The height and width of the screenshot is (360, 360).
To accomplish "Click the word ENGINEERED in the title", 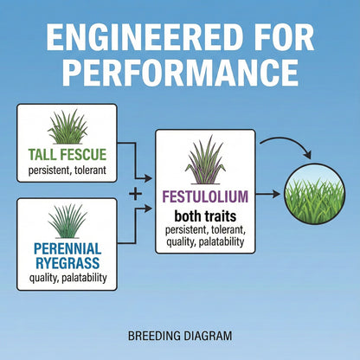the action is [145, 37].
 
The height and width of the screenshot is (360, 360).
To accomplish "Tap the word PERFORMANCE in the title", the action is [180, 72].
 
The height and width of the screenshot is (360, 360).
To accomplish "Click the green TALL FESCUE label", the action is [67, 154].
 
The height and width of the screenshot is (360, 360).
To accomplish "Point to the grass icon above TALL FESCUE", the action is [67, 127].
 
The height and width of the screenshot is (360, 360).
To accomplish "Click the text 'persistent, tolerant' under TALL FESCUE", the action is [67, 170].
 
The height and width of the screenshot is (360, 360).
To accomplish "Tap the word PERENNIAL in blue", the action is [67, 248].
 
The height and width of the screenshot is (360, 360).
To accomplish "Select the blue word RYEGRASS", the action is [67, 263].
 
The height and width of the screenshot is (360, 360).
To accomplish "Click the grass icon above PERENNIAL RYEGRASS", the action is [67, 222].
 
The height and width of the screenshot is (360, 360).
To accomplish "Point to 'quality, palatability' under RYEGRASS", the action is [67, 278].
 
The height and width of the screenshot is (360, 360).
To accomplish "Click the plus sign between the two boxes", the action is [135, 194].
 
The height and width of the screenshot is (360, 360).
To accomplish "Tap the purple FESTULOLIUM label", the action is [205, 196].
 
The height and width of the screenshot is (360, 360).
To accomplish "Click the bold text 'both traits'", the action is [205, 216].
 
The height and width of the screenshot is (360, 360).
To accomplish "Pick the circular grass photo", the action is [314, 194].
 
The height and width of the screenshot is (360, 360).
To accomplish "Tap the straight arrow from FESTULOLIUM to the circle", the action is [268, 194].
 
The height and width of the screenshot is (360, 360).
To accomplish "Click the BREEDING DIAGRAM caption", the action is [180, 336].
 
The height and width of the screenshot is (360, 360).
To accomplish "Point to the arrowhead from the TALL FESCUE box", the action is [148, 178].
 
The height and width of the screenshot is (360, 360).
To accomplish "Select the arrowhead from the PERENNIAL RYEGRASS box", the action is [148, 209].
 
